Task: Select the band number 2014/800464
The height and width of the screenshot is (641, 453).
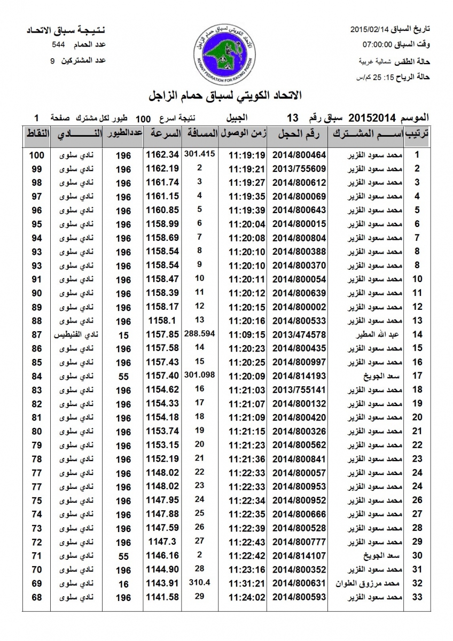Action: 299,155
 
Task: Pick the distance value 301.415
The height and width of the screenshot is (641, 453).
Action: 199,154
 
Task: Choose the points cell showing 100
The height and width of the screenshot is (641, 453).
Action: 36,155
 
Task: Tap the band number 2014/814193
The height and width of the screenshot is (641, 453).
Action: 299,376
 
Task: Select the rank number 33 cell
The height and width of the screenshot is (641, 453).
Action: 418,597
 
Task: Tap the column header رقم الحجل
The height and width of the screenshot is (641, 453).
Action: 299,134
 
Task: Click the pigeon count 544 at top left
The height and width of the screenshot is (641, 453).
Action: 59,45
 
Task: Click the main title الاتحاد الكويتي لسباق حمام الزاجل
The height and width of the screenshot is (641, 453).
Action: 225,96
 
